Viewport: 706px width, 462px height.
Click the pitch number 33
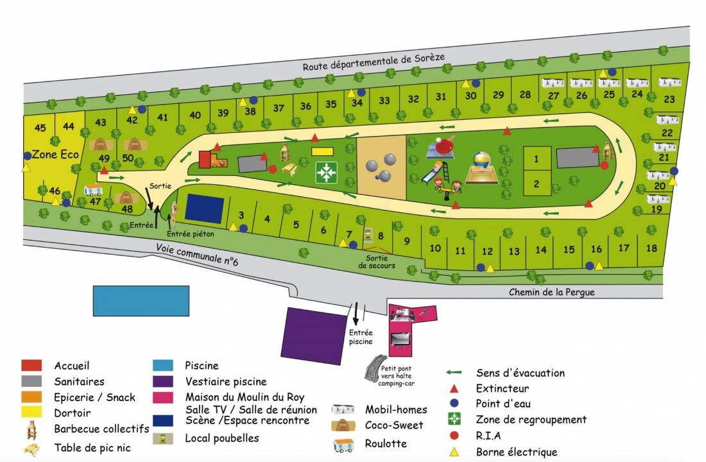pos(384,101)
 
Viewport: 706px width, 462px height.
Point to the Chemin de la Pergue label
pos(551,292)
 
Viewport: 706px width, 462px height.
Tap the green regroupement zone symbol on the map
pos(327,172)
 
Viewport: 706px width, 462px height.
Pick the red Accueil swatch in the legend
pos(31,365)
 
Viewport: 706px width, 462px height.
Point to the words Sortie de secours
pos(377,261)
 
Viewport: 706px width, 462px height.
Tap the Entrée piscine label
pos(361,337)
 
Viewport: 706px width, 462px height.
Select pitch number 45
pos(40,128)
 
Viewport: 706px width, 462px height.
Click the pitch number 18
pos(651,248)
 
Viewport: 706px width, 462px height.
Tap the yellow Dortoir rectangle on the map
pos(322,151)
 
